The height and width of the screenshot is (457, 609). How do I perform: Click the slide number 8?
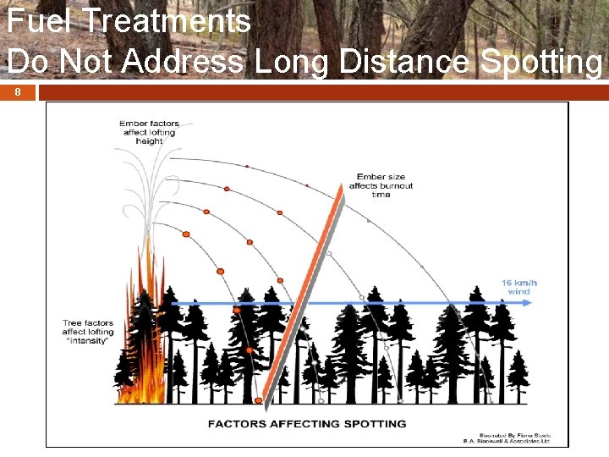click(17, 92)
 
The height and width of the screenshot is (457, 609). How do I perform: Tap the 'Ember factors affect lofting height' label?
click(149, 132)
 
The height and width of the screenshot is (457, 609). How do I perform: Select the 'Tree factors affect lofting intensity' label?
click(87, 332)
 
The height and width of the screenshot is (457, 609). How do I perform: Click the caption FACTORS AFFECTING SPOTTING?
click(307, 423)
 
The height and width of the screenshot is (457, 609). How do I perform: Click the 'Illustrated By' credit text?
click(516, 436)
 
